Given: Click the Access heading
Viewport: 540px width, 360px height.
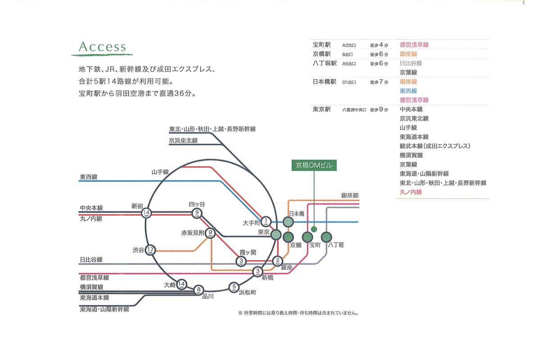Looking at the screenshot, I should pyautogui.click(x=102, y=47).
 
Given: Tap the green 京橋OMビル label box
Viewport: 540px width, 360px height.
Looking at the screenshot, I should pyautogui.click(x=314, y=165).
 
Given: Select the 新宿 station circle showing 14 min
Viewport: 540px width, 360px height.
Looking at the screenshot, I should pyautogui.click(x=146, y=212).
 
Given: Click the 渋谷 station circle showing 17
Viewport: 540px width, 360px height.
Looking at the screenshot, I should pyautogui.click(x=151, y=250).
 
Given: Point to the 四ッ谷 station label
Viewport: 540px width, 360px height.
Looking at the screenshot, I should pyautogui.click(x=197, y=204).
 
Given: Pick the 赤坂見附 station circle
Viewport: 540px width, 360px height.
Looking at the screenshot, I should pyautogui.click(x=210, y=233).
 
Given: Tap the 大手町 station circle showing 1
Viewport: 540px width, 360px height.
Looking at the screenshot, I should pyautogui.click(x=266, y=221).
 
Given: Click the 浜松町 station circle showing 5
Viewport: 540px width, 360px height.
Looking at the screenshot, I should pyautogui.click(x=234, y=287).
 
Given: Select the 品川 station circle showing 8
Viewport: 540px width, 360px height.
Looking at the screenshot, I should pyautogui.click(x=198, y=290).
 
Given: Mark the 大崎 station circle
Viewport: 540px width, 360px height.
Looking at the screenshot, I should pyautogui.click(x=181, y=284).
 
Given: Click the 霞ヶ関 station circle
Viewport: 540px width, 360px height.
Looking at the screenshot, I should pyautogui.click(x=242, y=261).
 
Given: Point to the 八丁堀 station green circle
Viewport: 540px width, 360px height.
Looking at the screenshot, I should pyautogui.click(x=327, y=236).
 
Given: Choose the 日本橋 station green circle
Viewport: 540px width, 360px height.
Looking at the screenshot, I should pyautogui.click(x=288, y=222).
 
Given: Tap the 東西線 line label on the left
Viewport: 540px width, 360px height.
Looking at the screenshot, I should pyautogui.click(x=89, y=177).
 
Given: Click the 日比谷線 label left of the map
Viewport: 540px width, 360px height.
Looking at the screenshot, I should pyautogui.click(x=91, y=260).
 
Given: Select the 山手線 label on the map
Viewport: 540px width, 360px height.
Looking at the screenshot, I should pyautogui.click(x=160, y=172).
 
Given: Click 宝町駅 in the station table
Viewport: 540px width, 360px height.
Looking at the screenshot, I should pyautogui.click(x=322, y=45).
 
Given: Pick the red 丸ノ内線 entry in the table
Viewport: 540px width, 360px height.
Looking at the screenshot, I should pyautogui.click(x=411, y=192).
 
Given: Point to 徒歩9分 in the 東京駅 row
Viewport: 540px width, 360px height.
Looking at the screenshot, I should pyautogui.click(x=379, y=109).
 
